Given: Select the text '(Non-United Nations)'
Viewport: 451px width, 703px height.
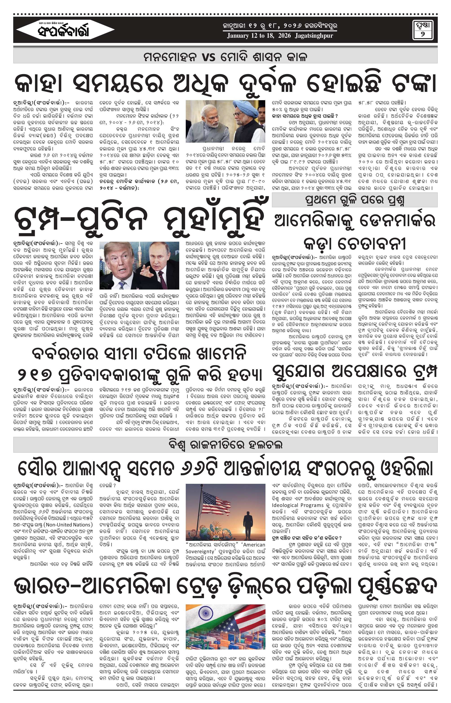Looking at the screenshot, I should point(69,525).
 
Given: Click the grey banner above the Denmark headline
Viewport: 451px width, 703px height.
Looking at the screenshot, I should point(354,200).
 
